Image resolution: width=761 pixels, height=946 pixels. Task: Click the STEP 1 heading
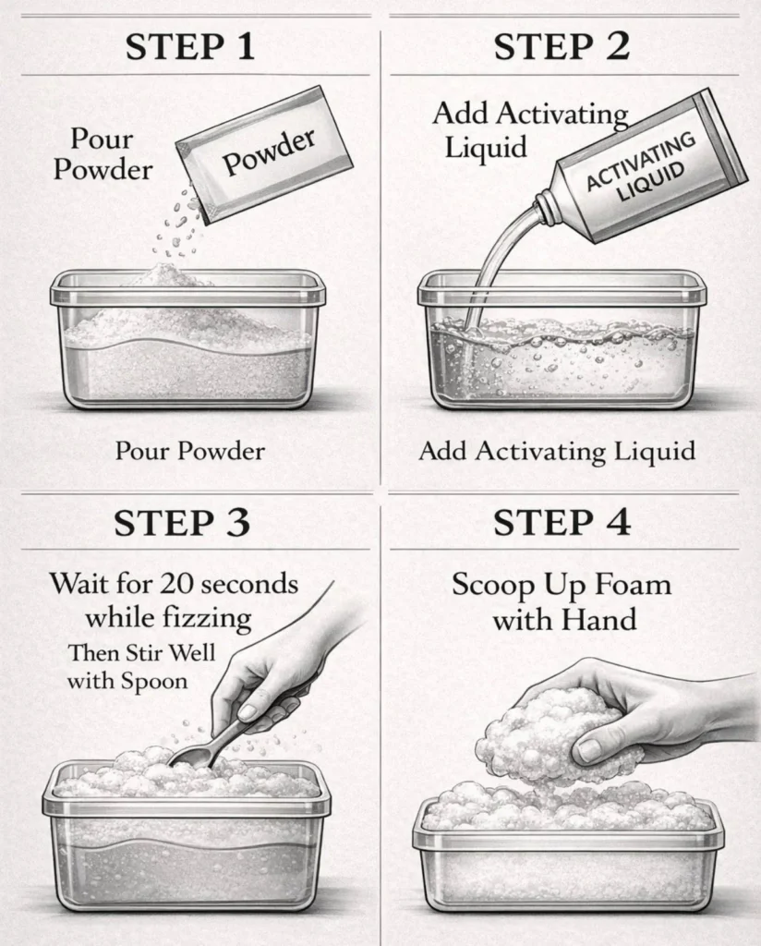(190, 47)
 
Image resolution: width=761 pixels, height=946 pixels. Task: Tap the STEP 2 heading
(562, 47)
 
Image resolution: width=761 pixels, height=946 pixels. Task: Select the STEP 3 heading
(182, 522)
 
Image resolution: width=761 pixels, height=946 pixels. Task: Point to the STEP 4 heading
(562, 522)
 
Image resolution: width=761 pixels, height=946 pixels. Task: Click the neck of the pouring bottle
(548, 207)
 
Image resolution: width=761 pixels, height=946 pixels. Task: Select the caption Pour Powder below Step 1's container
(190, 451)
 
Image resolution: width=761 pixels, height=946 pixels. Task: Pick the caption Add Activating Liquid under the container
(557, 451)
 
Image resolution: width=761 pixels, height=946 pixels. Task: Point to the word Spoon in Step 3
(153, 681)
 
